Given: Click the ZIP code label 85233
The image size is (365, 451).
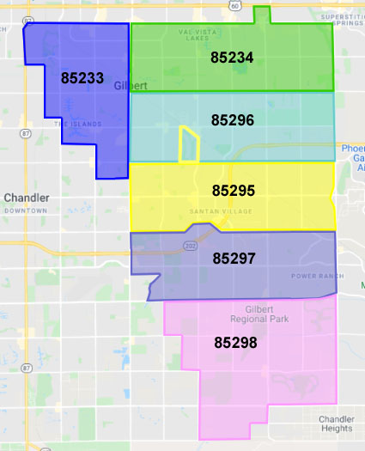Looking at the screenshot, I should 82,77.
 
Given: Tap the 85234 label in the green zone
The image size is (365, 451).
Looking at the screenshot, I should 232,58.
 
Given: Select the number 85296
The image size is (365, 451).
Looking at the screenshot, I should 233,120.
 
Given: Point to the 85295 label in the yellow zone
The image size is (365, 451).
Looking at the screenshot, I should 233,190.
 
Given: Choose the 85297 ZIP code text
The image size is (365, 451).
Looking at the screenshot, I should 234,257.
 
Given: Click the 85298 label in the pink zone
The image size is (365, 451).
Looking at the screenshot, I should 235,342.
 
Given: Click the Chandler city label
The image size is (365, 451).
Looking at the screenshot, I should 27,198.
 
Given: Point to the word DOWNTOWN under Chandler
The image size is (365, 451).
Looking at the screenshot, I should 26,210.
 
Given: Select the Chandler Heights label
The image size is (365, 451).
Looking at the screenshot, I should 337,424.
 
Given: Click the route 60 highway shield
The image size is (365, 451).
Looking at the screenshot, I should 234,5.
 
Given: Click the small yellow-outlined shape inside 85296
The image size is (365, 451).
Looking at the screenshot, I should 188,144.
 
